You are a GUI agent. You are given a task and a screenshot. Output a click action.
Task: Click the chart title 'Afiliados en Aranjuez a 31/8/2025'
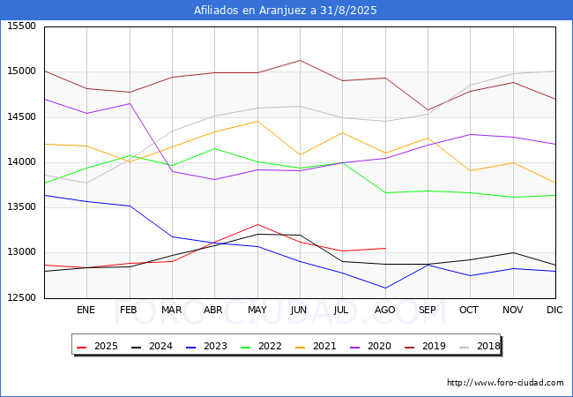point(285,11)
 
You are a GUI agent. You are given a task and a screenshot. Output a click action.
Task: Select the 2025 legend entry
point(98,346)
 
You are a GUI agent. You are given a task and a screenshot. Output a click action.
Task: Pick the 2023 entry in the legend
point(206,346)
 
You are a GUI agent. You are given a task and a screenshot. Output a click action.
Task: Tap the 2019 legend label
point(426,346)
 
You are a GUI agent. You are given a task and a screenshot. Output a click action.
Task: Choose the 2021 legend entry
point(316,346)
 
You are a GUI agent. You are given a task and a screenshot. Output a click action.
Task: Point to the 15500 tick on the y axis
point(22,26)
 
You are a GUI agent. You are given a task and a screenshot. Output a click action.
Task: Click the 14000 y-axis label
point(22,162)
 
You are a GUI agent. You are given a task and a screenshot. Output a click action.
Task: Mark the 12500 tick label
point(22,297)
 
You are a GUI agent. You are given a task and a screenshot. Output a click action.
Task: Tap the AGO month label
point(385,310)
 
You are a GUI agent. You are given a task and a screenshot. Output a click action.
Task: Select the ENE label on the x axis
point(86,310)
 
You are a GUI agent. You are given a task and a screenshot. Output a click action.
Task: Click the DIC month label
point(554,310)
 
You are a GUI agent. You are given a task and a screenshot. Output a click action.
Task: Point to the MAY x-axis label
point(257,310)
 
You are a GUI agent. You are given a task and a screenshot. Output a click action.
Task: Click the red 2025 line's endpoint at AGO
point(385,248)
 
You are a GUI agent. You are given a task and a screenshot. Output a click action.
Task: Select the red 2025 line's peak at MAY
point(257,224)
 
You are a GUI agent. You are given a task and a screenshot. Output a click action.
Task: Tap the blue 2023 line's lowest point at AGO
point(385,288)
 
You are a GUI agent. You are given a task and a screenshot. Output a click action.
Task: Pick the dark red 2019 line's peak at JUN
point(300,60)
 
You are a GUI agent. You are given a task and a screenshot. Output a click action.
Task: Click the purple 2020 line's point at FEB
point(130,103)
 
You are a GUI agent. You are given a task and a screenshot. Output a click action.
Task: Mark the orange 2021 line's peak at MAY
point(257,121)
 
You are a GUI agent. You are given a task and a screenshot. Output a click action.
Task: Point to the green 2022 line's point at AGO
point(385,192)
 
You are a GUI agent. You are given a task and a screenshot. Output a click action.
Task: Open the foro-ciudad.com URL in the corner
point(505,383)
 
